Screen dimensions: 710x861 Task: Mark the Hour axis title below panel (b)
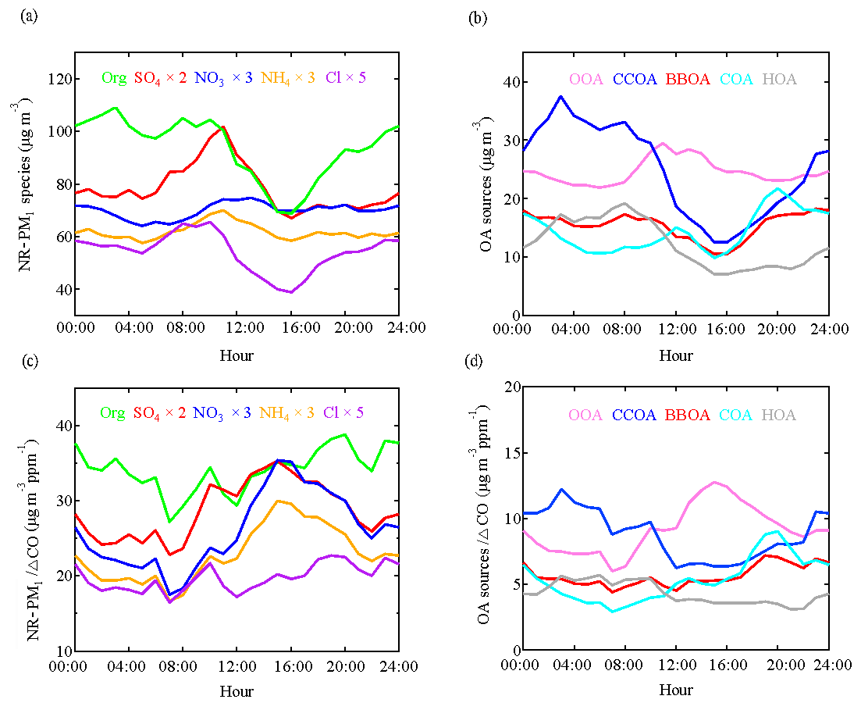click(675, 355)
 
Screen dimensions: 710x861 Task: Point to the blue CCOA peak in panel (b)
click(560, 97)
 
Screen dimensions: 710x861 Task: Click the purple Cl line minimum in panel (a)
click(290, 292)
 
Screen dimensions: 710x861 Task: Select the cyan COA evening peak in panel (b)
click(777, 189)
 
